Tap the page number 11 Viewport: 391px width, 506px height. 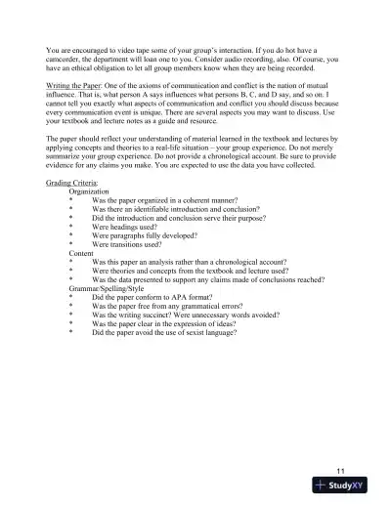click(338, 470)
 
